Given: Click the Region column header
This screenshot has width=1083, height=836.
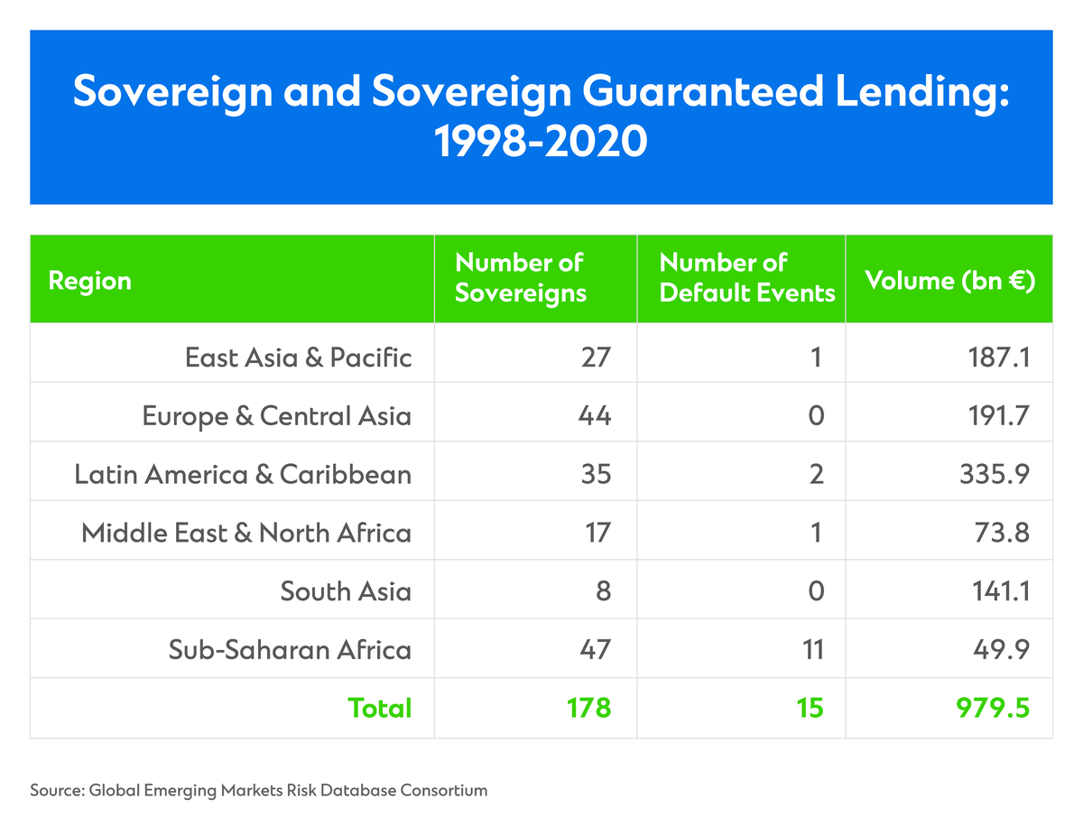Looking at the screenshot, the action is coord(89,281).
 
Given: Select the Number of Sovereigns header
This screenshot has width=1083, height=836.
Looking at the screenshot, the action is coord(521,278).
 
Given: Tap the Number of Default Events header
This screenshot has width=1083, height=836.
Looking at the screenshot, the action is coord(747,278).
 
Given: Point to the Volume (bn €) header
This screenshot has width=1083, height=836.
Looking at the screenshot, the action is coord(950,281).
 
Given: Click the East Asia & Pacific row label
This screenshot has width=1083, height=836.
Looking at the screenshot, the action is coord(298,358).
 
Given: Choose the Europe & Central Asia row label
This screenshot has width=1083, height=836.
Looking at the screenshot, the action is coord(276,416).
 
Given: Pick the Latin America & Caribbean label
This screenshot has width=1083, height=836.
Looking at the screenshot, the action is coord(243,474).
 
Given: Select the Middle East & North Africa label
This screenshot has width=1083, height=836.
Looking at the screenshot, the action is coord(246,533).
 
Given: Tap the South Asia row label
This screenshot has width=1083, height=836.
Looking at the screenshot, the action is coord(346,591).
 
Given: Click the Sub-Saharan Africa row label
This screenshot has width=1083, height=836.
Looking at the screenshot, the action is coord(290,650).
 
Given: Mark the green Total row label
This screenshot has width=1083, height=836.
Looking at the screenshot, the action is coord(380,709).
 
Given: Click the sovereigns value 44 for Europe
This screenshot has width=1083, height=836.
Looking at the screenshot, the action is coord(595,416).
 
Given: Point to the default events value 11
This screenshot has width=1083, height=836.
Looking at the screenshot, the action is coord(812,650).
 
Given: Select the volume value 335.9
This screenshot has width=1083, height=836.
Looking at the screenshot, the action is coord(995,474).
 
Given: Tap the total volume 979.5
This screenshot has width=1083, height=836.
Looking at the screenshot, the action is coord(993,709).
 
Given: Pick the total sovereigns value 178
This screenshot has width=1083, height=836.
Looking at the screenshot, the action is coord(588,709).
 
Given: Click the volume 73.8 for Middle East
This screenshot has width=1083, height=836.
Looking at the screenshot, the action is coord(1002,533).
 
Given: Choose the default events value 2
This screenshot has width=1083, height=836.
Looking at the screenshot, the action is coord(817,474).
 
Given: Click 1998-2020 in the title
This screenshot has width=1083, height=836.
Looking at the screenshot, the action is coord(541,142).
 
